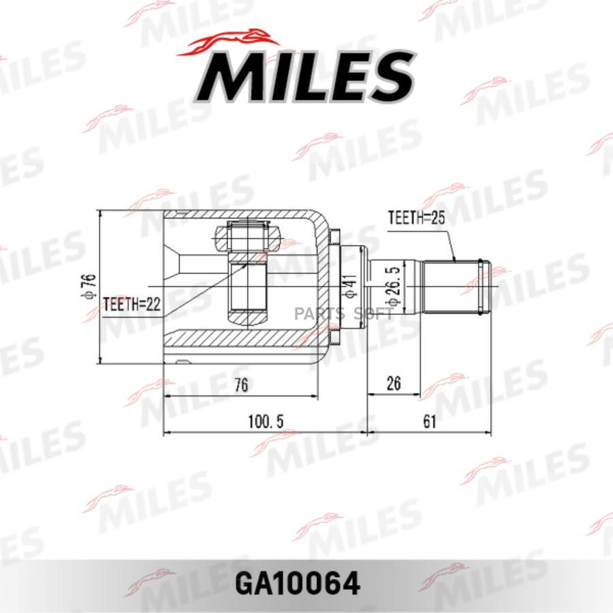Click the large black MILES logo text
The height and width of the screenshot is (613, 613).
point(306,76)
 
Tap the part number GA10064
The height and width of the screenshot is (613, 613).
point(306,583)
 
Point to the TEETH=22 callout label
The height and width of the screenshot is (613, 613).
point(132,304)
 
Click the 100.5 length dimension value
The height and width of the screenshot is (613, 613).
point(266,422)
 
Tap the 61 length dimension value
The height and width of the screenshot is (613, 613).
point(428,422)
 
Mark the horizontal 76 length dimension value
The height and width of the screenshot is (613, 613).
point(240,385)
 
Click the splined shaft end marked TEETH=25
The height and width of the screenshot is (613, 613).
point(455,286)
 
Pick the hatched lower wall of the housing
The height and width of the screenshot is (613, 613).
point(238,339)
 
